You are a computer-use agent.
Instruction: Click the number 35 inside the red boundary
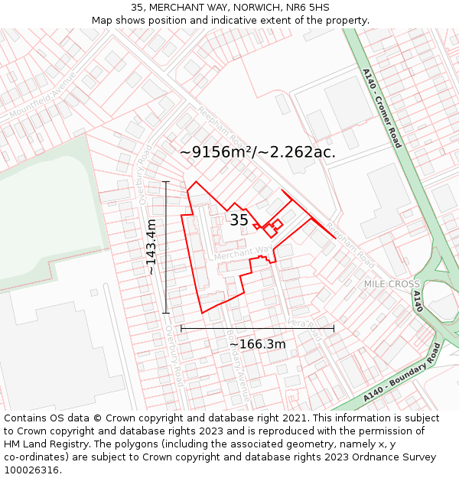pos(239,220)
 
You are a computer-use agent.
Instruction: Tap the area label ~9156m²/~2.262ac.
pos(258,152)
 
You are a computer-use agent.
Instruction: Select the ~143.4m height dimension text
pos(151,246)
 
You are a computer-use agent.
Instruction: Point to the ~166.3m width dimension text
pos(258,344)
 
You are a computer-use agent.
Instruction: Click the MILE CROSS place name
pos(392,284)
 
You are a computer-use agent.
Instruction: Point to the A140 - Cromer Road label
pos(382,108)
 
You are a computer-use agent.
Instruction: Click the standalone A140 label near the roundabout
pos(418,301)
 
